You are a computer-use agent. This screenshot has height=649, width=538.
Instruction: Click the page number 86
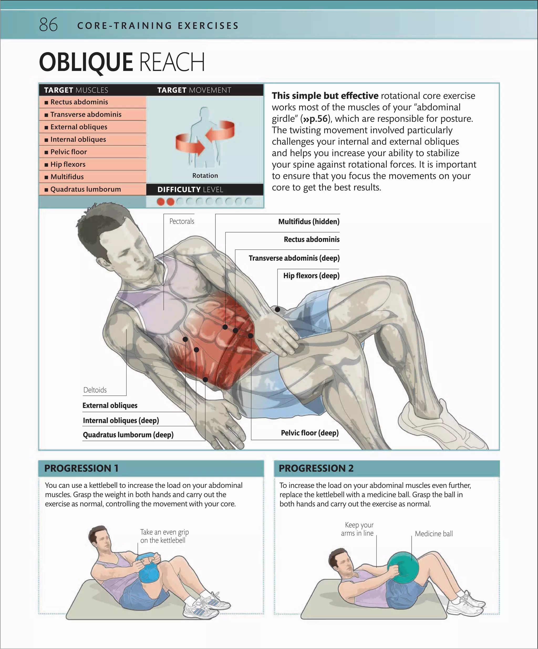[x=48, y=25]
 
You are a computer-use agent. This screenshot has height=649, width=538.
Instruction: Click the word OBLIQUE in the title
[x=86, y=62]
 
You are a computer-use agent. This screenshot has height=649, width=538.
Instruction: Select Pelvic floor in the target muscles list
[x=69, y=152]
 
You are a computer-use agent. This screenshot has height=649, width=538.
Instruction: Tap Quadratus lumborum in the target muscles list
[x=85, y=189]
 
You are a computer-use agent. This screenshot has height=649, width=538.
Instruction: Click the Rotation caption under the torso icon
[x=205, y=176]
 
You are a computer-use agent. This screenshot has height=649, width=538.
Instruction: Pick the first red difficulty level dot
[x=161, y=201]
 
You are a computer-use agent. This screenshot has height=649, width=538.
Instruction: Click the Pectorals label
[x=182, y=221]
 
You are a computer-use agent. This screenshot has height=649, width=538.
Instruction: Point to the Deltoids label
[x=95, y=390]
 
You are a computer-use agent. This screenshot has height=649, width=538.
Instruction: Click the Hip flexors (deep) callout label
[x=311, y=275]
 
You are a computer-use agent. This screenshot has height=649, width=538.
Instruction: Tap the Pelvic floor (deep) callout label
[x=310, y=433]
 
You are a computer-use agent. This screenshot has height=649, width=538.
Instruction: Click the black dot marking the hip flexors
[x=277, y=309]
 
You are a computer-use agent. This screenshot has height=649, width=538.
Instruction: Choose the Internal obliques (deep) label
[x=121, y=420]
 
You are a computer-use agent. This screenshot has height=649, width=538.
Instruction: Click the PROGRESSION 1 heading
[x=81, y=468]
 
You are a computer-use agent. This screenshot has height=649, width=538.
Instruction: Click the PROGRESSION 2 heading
[x=316, y=468]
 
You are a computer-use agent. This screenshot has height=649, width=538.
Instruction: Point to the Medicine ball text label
[x=434, y=534]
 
